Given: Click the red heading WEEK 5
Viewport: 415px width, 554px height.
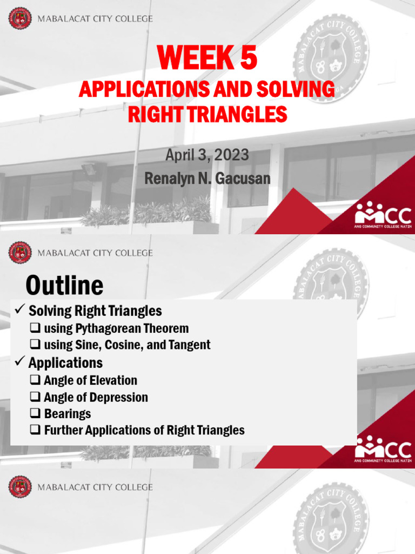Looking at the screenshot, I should [x=207, y=59].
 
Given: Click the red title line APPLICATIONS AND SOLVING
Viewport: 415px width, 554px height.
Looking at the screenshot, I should [x=207, y=90].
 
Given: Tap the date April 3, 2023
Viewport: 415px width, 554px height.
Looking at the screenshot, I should [x=207, y=156].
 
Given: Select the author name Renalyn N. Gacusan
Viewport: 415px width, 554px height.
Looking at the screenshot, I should [x=207, y=178].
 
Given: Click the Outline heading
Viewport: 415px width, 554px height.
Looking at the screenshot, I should [x=64, y=285].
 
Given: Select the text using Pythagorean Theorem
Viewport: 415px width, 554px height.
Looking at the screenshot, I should [x=116, y=328].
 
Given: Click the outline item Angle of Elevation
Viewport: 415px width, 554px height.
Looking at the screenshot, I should [x=90, y=380].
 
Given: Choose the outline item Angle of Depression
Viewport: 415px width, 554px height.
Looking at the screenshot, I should [x=96, y=397].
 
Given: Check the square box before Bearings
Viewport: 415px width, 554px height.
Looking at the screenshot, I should [x=36, y=414].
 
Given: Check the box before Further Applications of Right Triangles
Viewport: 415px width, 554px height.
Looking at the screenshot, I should [x=36, y=431].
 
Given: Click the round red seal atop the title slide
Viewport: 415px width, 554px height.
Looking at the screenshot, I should [x=20, y=19].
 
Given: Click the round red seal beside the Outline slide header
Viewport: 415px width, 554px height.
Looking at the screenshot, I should [x=20, y=253].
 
